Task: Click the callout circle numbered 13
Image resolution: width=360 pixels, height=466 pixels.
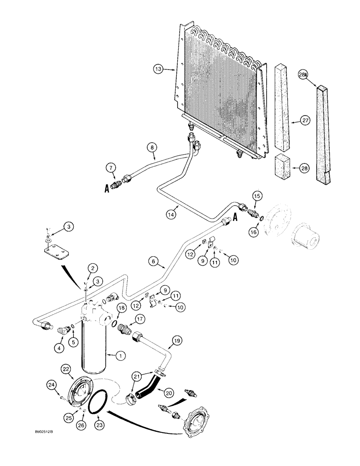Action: coord(159,69)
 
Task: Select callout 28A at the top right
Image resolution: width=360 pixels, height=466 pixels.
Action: coord(304,74)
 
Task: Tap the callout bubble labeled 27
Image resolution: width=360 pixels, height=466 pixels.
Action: coord(305,121)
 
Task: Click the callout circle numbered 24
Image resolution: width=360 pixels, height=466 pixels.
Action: coord(52,384)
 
